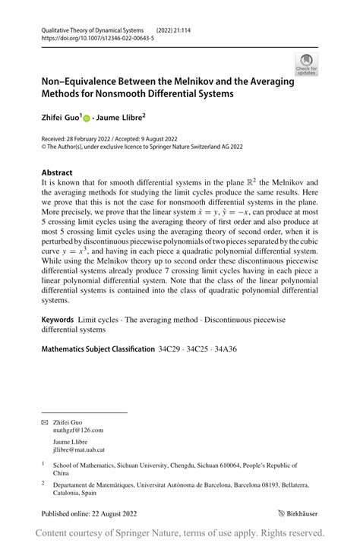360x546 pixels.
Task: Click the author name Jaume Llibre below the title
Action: coord(121,118)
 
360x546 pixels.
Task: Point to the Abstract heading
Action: coord(57,172)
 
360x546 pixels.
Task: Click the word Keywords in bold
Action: coord(58,320)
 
